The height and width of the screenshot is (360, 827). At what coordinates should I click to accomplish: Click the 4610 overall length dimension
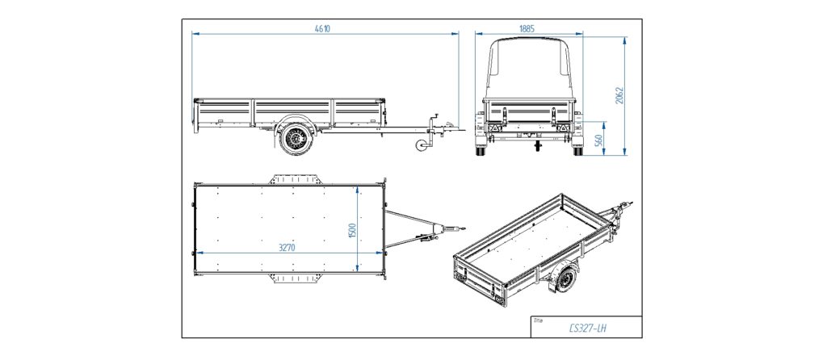coord(322,28)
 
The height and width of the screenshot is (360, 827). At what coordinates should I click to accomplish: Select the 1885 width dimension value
coord(527,28)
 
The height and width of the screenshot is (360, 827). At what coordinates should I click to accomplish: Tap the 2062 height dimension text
coord(620,95)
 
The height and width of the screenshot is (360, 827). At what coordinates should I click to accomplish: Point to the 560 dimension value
coord(598,139)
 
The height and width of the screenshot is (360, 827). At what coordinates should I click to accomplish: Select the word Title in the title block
coord(538,320)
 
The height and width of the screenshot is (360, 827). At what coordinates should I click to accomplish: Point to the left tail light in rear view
coord(493,128)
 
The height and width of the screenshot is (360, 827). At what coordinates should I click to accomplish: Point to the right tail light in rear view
coord(563,128)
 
